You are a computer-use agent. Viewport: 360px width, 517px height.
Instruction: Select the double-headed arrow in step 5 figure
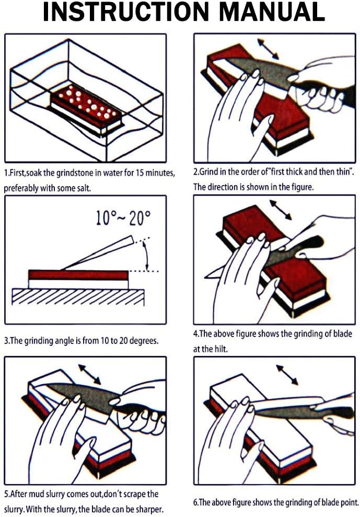click(90, 374)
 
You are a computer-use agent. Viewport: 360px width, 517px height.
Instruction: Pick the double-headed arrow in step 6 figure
click(287, 374)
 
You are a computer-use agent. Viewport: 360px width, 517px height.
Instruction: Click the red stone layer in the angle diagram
click(78, 274)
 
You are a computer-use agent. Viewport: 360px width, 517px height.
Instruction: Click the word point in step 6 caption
click(346, 502)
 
